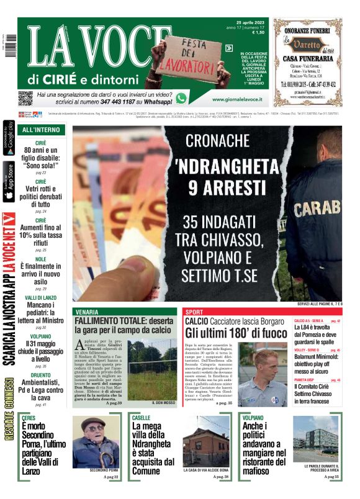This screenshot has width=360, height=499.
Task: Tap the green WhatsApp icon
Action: click(181, 97)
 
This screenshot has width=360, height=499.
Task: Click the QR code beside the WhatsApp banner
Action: click(25, 98)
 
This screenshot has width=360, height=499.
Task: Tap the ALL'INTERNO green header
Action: click(41, 130)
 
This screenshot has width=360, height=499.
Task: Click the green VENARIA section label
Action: click(86, 312)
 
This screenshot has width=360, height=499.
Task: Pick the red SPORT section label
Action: click(194, 312)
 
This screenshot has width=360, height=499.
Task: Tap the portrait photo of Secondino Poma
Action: click(95, 442)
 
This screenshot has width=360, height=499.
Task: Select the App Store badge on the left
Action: click(9, 181)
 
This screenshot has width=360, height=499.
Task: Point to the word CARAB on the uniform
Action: click(315, 208)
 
